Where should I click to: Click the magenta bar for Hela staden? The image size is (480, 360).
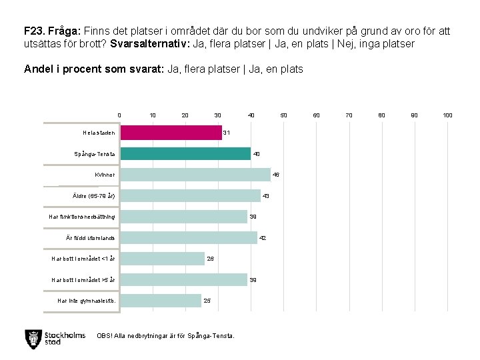171,133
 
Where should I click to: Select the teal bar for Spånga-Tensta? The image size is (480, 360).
185,154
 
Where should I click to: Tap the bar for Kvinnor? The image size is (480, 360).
195,175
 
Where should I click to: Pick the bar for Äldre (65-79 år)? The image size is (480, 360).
191,196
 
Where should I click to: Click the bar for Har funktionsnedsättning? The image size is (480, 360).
184,217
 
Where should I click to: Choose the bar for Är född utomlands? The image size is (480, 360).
189,238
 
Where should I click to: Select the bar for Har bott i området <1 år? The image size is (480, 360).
163,259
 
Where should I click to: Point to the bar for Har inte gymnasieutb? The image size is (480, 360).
161,301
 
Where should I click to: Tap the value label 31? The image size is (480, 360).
227,133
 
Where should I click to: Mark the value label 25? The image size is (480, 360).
207,301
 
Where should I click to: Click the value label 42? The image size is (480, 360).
263,238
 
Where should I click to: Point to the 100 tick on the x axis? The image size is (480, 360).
448,115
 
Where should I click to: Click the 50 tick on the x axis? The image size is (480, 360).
283,115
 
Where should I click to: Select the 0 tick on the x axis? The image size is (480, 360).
119,115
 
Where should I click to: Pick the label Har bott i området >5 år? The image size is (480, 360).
84,280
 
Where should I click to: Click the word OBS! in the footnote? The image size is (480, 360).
105,335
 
